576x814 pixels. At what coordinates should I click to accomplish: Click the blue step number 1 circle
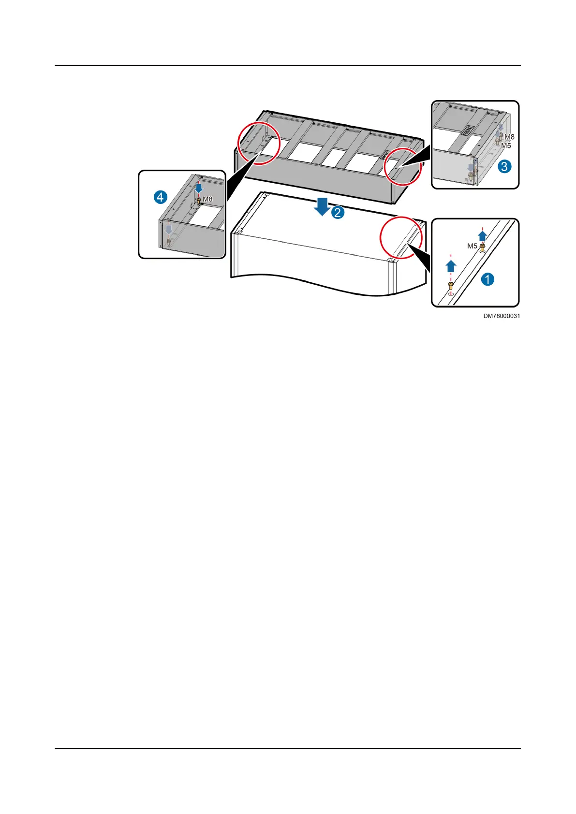[x=487, y=279]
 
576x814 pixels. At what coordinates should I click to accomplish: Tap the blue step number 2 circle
[x=338, y=212]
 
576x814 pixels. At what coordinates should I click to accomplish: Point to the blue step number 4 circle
[x=161, y=197]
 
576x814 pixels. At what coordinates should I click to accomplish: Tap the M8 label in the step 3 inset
[x=509, y=137]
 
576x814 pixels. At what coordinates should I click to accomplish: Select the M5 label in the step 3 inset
[x=506, y=145]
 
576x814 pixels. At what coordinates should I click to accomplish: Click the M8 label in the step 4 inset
[x=207, y=199]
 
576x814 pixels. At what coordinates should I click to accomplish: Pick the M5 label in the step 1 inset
[x=472, y=246]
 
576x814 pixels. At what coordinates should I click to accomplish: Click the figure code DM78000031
[x=502, y=316]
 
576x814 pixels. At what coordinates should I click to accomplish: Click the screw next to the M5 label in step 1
[x=482, y=248]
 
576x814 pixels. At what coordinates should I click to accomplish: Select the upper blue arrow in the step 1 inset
[x=482, y=236]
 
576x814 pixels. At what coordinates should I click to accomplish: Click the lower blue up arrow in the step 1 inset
[x=450, y=266]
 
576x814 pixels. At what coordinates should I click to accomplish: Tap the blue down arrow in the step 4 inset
[x=198, y=188]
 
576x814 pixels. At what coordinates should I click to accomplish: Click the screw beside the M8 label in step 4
[x=198, y=200]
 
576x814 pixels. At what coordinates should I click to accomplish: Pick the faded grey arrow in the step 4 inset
[x=168, y=229]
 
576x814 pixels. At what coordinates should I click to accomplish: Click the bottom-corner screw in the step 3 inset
[x=471, y=177]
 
